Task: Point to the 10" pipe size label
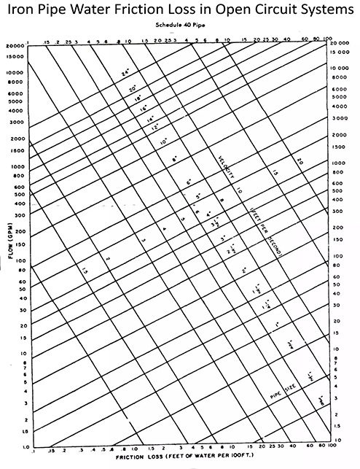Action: tap(164, 140)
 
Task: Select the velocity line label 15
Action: tap(275, 173)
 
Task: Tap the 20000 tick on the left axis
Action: tap(15, 45)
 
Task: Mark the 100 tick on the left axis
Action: tap(19, 260)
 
